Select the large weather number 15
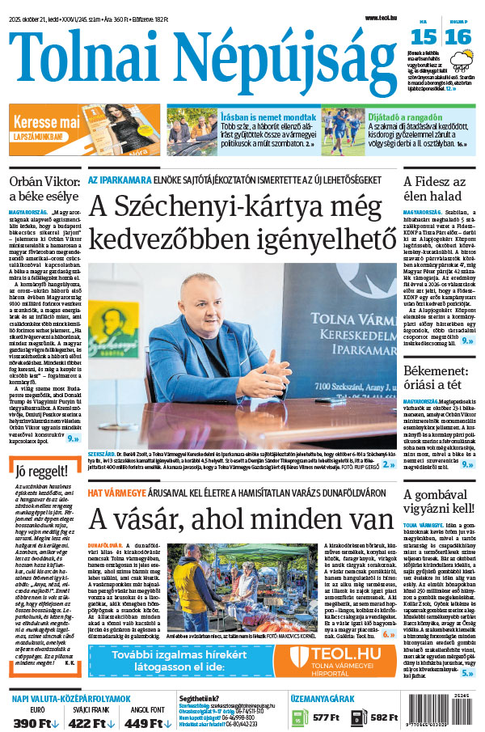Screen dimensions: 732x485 tap(424, 37)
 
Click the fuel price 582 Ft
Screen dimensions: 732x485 tap(385, 717)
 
